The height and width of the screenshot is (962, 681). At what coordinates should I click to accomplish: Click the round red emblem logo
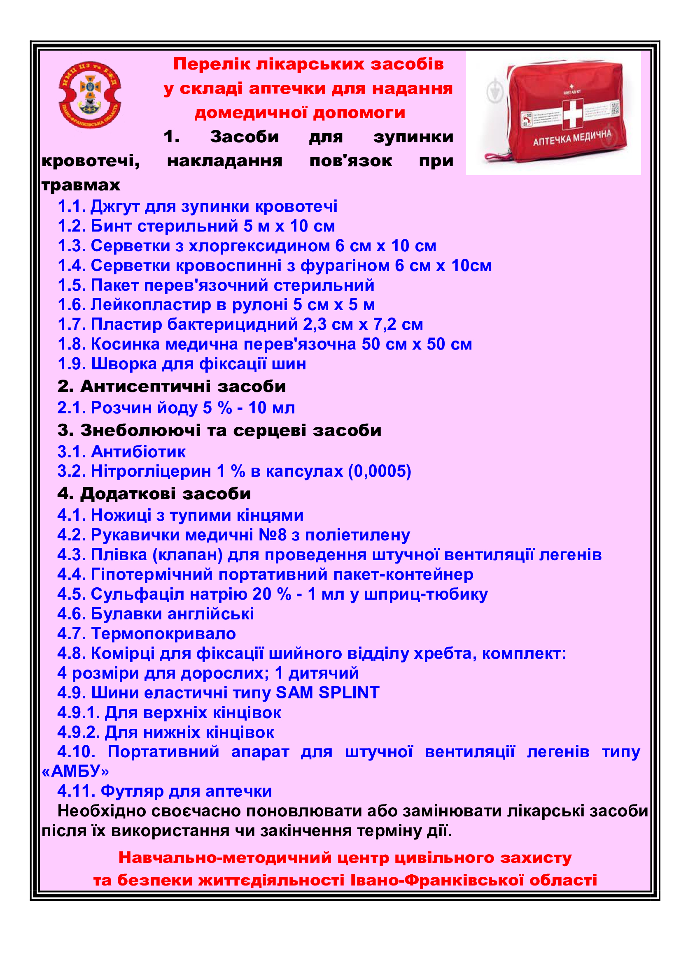pos(90,95)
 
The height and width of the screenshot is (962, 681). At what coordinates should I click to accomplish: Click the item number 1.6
pos(72,305)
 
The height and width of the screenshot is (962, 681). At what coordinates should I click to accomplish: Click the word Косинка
pos(126,344)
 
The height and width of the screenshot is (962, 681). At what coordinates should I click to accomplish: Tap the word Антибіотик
pos(138,452)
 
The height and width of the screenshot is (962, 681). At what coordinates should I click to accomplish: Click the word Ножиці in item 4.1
pos(121,515)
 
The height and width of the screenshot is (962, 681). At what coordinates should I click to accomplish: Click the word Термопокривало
pos(163,633)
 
